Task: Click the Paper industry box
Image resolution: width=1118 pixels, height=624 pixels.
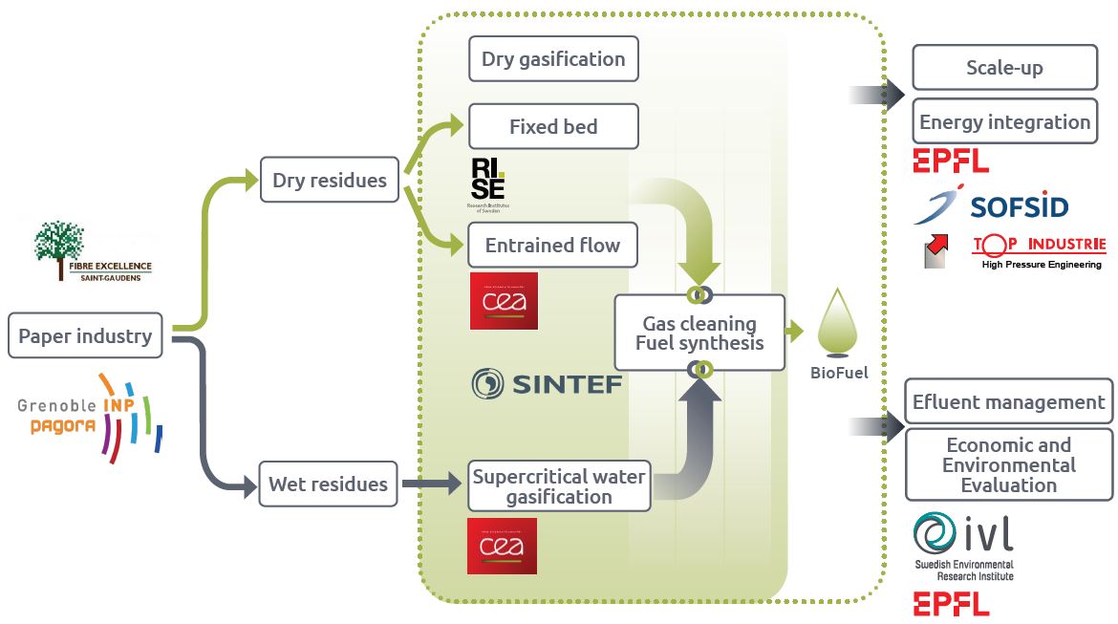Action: [x=85, y=336]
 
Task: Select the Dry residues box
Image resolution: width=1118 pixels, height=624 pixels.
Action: [x=329, y=180]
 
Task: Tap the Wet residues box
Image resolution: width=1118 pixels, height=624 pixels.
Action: [x=328, y=484]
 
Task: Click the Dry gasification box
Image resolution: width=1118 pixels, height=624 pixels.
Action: [x=553, y=59]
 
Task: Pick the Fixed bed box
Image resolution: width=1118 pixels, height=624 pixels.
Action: [x=553, y=126]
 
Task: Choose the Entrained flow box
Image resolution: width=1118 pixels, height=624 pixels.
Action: [x=552, y=245]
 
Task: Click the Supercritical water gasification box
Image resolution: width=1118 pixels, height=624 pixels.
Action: [x=559, y=486]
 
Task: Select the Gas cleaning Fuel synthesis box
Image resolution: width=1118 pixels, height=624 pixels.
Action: [x=699, y=334]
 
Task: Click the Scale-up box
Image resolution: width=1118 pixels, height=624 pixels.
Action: [x=1004, y=68]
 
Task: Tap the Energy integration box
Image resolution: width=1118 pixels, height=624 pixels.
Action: [x=1004, y=122]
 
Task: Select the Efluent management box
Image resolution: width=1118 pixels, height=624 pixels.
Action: [x=1008, y=402]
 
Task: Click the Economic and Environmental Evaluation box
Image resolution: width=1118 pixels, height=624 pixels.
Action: [x=1008, y=464]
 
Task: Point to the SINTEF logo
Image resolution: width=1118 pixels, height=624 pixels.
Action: [x=547, y=384]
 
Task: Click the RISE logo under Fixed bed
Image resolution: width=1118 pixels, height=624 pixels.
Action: [x=488, y=184]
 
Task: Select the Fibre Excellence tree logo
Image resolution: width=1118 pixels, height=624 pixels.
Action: [x=93, y=251]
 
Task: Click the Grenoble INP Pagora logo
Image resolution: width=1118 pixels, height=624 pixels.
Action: [x=91, y=416]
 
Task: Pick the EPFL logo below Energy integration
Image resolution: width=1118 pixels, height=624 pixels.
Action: [x=950, y=161]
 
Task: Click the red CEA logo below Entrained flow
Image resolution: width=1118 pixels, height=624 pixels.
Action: [x=503, y=301]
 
